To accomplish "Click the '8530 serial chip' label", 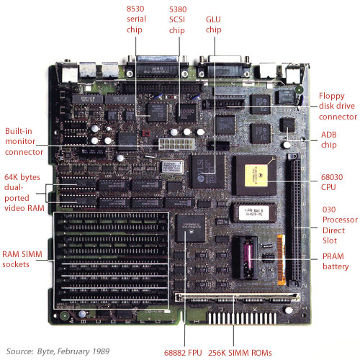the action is pyautogui.click(x=136, y=19).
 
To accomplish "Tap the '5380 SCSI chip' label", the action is pyautogui.click(x=178, y=20).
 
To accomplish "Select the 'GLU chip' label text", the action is pyautogui.click(x=213, y=24).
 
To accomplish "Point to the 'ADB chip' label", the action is pyautogui.click(x=329, y=140).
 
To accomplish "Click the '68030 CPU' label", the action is pyautogui.click(x=332, y=182).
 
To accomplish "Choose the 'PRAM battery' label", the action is pyautogui.click(x=336, y=261).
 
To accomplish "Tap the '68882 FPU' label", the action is pyautogui.click(x=183, y=353).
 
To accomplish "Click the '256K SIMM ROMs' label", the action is pyautogui.click(x=240, y=353).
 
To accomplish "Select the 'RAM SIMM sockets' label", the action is pyautogui.click(x=22, y=259).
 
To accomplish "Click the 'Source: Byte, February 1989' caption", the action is pyautogui.click(x=58, y=351).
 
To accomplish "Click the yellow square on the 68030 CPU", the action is pyautogui.click(x=256, y=176).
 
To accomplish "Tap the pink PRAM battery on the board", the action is pyautogui.click(x=248, y=257).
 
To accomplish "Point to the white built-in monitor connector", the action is pyautogui.click(x=176, y=144).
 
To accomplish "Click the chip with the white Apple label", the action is pyautogui.click(x=253, y=212).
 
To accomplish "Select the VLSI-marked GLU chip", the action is pyautogui.click(x=208, y=171).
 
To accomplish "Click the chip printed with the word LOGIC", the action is pyautogui.click(x=187, y=112).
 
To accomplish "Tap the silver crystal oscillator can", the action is pyautogui.click(x=172, y=167).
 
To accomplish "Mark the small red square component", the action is pyautogui.click(x=145, y=133).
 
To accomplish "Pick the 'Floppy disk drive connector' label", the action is pyautogui.click(x=338, y=106).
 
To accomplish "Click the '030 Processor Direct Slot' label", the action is pyautogui.click(x=340, y=225).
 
